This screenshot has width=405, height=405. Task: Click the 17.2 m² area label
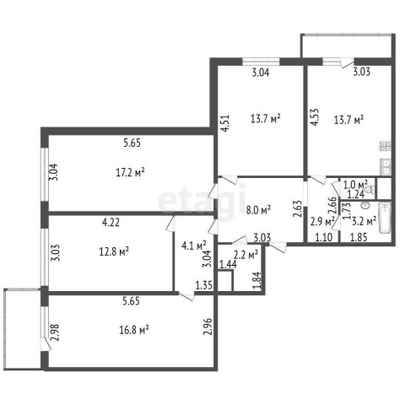pos(130,172)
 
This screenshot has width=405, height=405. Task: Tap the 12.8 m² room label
pos(114,251)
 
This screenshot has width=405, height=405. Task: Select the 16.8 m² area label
pos(134,330)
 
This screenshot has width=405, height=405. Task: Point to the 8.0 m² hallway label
pos(258,210)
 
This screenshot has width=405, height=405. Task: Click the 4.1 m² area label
pos(194,246)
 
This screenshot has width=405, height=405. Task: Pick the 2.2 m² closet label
pos(246,255)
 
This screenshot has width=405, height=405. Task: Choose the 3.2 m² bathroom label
pos(364,221)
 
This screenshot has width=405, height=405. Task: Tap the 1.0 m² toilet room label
pos(355,185)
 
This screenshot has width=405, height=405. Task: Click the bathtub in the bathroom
pos(385,218)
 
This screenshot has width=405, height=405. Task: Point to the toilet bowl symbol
pos(370,189)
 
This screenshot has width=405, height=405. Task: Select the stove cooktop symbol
pos(385,146)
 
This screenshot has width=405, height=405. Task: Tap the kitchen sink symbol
pos(385,166)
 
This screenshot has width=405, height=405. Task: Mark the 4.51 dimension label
pos(225,123)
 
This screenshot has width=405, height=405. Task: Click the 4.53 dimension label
pos(315,117)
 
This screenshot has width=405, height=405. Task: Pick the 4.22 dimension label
pos(111,222)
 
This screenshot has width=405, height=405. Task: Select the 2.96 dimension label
pos(208,327)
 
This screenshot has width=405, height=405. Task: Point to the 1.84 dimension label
pos(257,280)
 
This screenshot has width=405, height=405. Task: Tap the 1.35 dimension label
pos(204,285)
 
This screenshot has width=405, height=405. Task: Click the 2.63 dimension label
pos(297,208)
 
